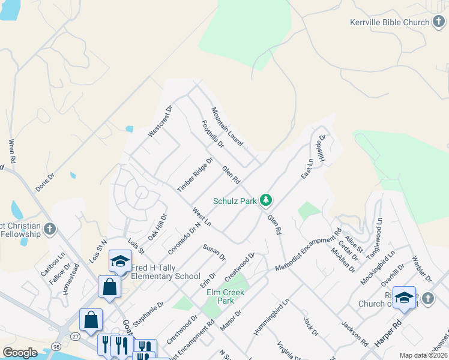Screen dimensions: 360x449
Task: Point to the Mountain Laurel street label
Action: (x=227, y=127)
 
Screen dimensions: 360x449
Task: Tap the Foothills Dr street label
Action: (x=212, y=134)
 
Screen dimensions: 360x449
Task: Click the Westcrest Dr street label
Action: (x=160, y=121)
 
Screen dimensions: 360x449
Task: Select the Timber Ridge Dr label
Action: (x=195, y=175)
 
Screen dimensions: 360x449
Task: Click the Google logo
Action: (x=20, y=353)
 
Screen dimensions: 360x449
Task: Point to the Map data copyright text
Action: (x=423, y=355)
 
